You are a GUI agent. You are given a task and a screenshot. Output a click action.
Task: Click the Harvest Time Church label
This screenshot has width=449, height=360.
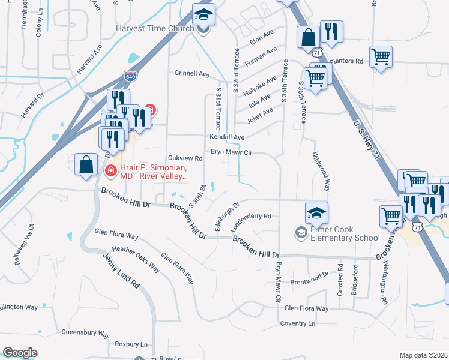pyautogui.click(x=156, y=28)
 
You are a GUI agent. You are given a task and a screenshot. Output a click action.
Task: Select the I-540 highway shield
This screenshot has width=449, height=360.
pyautogui.click(x=130, y=76)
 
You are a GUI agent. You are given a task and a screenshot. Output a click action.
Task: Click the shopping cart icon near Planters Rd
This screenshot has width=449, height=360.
pyautogui.click(x=381, y=57)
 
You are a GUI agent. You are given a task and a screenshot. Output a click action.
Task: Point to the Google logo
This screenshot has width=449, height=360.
pyautogui.click(x=20, y=353)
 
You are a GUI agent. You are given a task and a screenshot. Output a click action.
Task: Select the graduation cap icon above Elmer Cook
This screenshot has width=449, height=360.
pyautogui.click(x=316, y=211)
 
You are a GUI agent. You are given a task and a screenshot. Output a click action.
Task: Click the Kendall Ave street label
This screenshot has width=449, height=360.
pyautogui.click(x=227, y=137)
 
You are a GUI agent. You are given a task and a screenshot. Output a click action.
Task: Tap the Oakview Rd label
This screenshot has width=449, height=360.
pyautogui.click(x=185, y=158)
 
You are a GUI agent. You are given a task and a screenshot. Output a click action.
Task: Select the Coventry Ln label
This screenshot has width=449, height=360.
pyautogui.click(x=297, y=323)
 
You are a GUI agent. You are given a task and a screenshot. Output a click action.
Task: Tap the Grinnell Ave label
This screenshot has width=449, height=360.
pyautogui.click(x=191, y=74)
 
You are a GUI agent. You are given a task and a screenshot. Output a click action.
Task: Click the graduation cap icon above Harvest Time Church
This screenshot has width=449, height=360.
pyautogui.click(x=203, y=14)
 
